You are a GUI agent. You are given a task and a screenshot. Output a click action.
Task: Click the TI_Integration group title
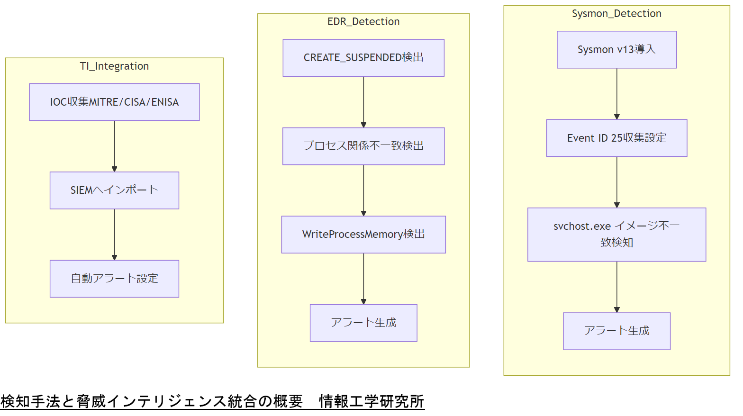click(x=114, y=66)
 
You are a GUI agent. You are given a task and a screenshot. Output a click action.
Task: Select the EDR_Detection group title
click(x=363, y=22)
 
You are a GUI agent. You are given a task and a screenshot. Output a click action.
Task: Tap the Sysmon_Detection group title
click(x=616, y=14)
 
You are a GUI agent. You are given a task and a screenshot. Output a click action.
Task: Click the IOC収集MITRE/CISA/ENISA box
click(x=114, y=102)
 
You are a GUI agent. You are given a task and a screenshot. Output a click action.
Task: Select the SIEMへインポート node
click(x=114, y=190)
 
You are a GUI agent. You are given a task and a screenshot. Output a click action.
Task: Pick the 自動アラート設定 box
click(x=114, y=279)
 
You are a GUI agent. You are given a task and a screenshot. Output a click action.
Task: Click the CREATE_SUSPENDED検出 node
click(x=363, y=58)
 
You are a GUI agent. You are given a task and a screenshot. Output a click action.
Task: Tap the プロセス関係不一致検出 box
click(x=363, y=146)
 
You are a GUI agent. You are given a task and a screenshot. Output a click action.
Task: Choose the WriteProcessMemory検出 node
click(x=363, y=235)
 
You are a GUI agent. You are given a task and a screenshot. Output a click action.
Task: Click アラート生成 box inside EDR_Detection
click(x=363, y=323)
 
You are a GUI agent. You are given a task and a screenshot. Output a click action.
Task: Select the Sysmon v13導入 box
click(x=616, y=50)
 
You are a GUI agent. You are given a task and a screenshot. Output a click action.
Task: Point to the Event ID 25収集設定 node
click(x=616, y=138)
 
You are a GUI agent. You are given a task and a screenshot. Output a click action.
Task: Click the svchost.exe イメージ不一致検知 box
click(x=616, y=235)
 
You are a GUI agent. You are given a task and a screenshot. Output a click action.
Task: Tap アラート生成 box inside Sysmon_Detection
click(x=616, y=331)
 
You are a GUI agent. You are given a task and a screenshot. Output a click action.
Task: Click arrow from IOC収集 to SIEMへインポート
click(x=114, y=146)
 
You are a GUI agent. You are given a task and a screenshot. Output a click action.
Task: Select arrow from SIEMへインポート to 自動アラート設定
click(x=114, y=235)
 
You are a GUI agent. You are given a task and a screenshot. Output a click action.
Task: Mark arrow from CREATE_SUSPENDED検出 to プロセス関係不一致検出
click(x=363, y=102)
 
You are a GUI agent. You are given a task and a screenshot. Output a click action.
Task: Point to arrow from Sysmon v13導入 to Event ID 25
click(x=616, y=94)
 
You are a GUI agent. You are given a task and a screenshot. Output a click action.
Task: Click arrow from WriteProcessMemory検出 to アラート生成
click(x=363, y=279)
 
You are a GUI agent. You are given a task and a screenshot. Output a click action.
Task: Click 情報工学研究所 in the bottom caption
click(x=371, y=402)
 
